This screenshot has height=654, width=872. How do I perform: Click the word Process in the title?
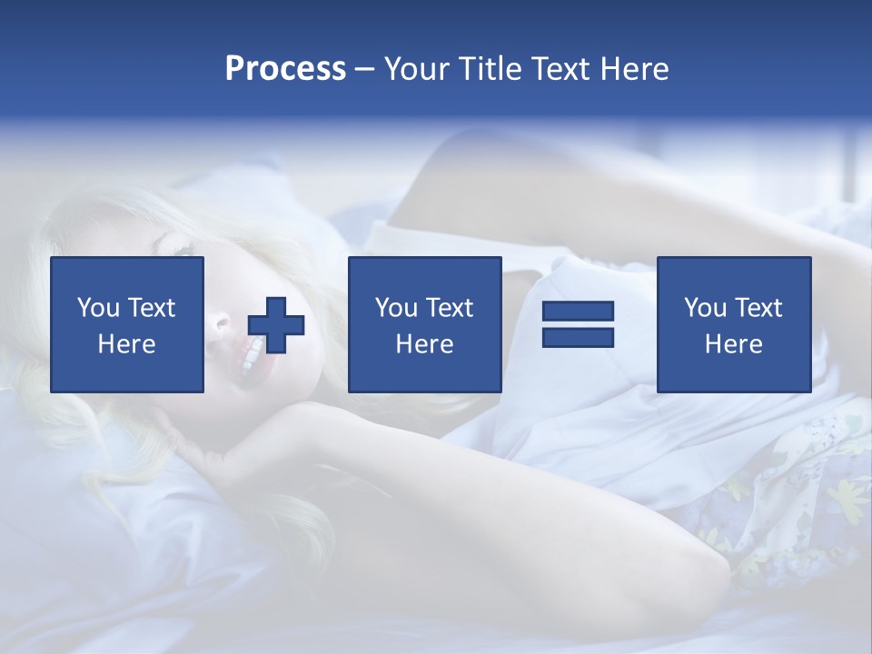point(285,69)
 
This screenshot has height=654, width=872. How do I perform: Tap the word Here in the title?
point(633,69)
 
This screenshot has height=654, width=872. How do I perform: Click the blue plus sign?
point(276,324)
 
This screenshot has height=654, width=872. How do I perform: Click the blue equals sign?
point(578,324)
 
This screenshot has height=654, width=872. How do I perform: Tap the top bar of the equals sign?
point(578,312)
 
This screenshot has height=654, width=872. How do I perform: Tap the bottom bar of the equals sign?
point(578,337)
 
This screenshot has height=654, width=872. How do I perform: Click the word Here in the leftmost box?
point(127,344)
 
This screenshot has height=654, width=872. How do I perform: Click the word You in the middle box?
point(396,308)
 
